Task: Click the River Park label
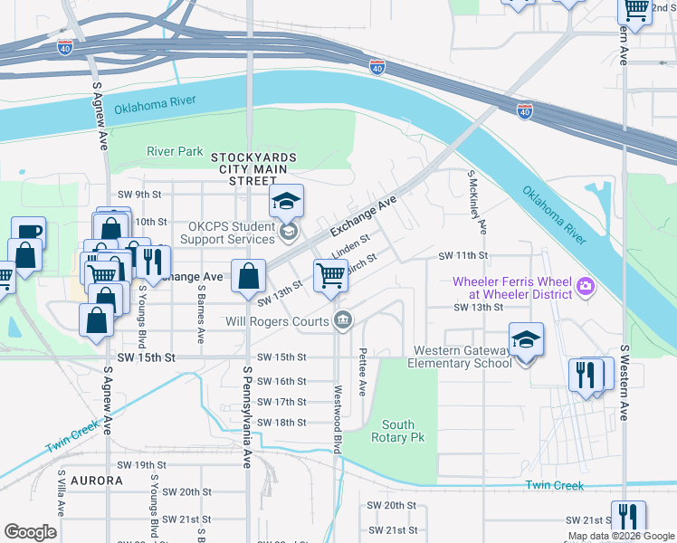[175, 151]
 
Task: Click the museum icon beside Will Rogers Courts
[343, 319]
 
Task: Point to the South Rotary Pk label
[398, 431]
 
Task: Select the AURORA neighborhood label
[96, 481]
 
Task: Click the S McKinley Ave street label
[477, 201]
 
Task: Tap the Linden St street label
[350, 245]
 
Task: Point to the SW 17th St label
[281, 402]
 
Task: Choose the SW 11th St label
[463, 257]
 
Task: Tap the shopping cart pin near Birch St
[330, 277]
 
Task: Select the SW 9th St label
[138, 195]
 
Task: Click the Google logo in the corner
[30, 532]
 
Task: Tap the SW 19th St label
[143, 465]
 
